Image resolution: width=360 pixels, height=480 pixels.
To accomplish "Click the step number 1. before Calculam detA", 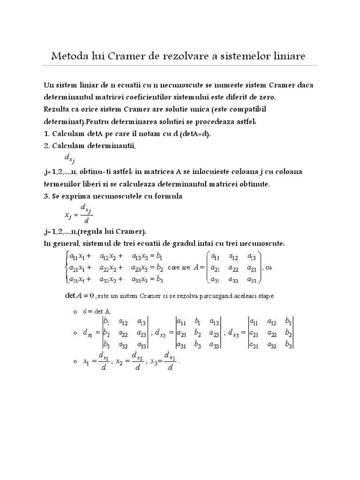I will [47, 134].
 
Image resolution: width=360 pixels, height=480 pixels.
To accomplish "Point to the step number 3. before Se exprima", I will [47, 196].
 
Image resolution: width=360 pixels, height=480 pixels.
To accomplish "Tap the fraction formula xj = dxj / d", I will [78, 214].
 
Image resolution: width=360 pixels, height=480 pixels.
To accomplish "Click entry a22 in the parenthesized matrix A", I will [233, 268].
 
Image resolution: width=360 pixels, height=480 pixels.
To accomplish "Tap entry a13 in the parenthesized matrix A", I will [252, 256].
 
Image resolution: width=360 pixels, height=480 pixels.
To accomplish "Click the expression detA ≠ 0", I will [79, 296].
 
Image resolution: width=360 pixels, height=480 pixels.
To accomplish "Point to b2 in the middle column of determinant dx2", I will [198, 333].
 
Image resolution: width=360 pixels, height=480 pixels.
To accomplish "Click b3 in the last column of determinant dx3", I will [288, 345].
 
